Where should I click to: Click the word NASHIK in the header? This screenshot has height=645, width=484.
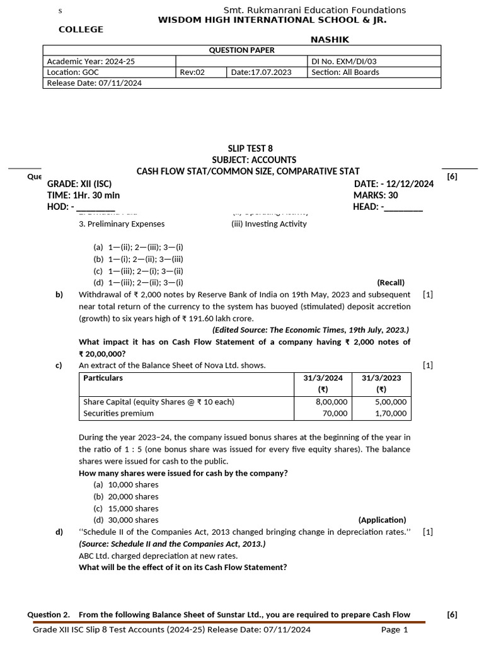coord(330,40)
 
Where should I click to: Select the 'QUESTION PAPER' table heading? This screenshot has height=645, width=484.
coord(241,50)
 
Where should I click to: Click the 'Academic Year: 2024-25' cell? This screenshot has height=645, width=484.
coord(91,62)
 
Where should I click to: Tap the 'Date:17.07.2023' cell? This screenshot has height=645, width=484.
coord(261,72)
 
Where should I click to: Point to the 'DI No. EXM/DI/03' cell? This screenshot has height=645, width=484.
coord(344,62)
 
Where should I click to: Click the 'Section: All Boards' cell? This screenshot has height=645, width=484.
coord(345,72)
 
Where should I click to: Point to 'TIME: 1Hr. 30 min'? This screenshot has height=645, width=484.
coord(83,195)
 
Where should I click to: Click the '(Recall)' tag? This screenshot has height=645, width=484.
coord(391,282)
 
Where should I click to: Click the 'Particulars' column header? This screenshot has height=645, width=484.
coord(103,378)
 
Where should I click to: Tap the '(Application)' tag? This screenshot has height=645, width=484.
coord(382,520)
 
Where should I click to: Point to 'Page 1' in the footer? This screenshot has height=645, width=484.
coord(395,630)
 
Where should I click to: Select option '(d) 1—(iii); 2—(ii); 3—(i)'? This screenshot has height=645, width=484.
coord(138,282)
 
